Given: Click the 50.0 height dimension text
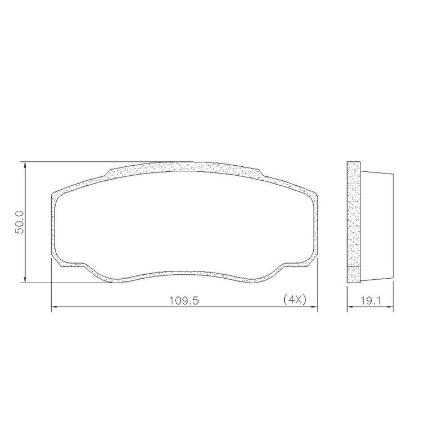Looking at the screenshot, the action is click(20, 222).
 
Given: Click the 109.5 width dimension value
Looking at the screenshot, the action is click(184, 300).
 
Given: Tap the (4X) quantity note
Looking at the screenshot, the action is click(295, 299).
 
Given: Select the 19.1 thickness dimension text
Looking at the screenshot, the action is click(370, 301).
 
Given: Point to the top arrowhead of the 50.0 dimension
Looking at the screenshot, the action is click(25, 165).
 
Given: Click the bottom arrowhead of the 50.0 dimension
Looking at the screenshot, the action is click(25, 280).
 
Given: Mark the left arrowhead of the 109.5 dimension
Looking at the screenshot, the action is click(54, 307).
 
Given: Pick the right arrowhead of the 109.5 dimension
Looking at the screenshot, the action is click(314, 307).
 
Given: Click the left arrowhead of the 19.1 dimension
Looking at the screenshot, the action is click(350, 307).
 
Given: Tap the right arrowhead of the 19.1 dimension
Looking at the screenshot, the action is click(390, 307).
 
